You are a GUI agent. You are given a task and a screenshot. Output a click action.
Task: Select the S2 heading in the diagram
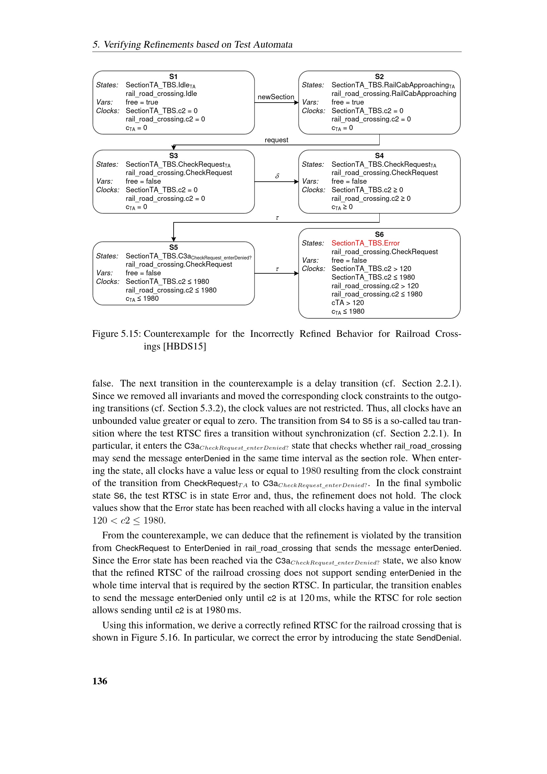coord(379,76)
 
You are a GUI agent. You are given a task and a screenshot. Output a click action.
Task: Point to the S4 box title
coord(379,156)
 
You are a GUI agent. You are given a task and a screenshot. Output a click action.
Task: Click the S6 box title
coord(379,235)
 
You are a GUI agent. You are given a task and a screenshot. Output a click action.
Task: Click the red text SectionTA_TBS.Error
coord(365,243)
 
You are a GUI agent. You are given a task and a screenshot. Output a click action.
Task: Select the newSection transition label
coord(275,97)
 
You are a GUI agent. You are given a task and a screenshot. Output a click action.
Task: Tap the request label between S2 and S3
coord(276,140)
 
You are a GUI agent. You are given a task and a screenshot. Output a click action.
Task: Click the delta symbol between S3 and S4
coord(277,176)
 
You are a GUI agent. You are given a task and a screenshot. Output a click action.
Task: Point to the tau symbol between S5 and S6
coord(277,269)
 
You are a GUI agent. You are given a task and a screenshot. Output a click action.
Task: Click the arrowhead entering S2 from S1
coord(296,103)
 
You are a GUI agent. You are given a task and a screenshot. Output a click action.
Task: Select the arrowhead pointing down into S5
coord(174,239)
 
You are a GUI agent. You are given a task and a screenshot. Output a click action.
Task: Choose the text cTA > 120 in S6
coord(347,303)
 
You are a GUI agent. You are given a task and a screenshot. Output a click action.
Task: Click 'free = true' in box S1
coord(142,102)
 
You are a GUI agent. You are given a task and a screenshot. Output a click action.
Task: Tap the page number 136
coord(100,681)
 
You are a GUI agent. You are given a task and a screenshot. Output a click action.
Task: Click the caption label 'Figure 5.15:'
coord(116,334)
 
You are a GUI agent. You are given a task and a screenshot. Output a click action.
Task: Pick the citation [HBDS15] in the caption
coord(184,346)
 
